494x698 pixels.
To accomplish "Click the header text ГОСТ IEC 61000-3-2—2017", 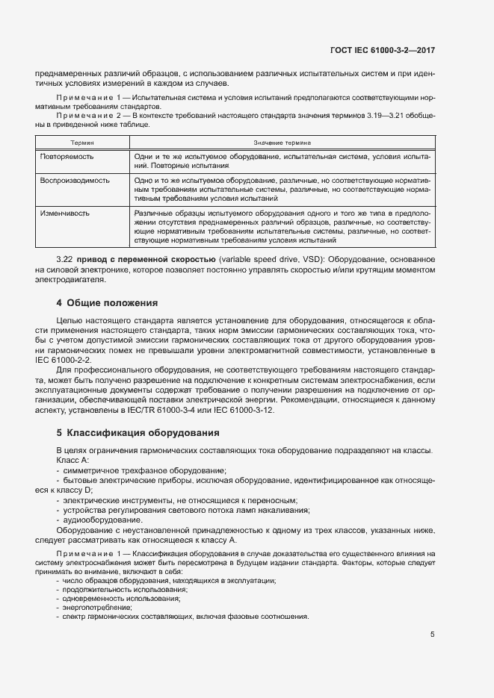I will coord(383,50).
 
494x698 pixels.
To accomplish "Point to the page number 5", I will coord(433,635).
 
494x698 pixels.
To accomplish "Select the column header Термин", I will coord(82,140).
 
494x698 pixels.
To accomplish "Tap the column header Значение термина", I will coord(282,140).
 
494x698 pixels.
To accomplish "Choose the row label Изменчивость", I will coord(65,214).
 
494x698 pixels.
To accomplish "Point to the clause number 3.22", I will coord(67,259).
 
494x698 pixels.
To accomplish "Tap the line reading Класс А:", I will coord(72,461).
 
